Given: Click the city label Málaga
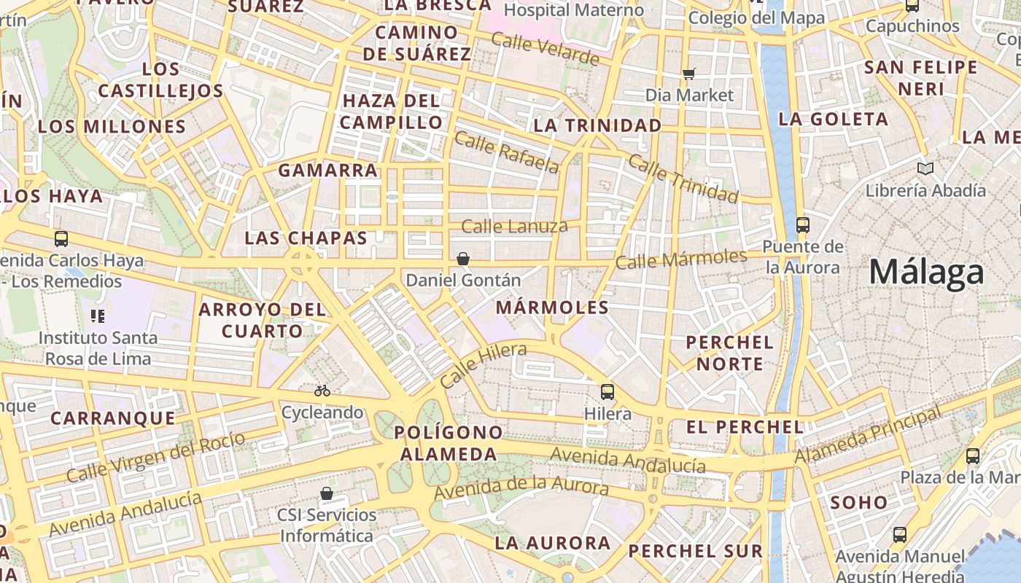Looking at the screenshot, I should point(926,273).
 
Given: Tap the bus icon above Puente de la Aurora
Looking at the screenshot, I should point(803,224).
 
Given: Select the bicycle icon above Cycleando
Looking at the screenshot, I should point(322,391).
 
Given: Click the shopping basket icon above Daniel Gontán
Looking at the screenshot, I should point(462,259).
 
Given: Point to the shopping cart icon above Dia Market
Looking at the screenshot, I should point(689,74).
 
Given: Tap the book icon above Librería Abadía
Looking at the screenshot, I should point(925,169).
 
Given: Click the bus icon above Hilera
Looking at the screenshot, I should point(607,392).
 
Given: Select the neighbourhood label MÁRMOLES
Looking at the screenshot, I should point(552,308).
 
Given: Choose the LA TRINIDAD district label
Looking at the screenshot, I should point(597,125).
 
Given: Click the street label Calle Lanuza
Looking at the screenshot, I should point(514,227).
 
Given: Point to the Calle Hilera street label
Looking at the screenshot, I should point(483,366).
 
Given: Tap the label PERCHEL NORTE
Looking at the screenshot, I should point(729,353).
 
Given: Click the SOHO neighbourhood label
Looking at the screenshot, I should point(859,502).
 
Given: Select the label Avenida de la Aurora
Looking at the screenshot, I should point(521,489).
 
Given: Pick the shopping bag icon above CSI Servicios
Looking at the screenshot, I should point(327,493).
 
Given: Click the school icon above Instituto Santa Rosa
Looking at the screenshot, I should point(98,316).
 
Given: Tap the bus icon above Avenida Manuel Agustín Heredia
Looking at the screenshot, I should point(900,534).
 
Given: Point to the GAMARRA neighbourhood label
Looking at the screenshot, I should point(328,171).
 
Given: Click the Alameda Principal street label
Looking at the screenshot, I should point(868,436).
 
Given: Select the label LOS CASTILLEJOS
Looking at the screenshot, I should point(160,80).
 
